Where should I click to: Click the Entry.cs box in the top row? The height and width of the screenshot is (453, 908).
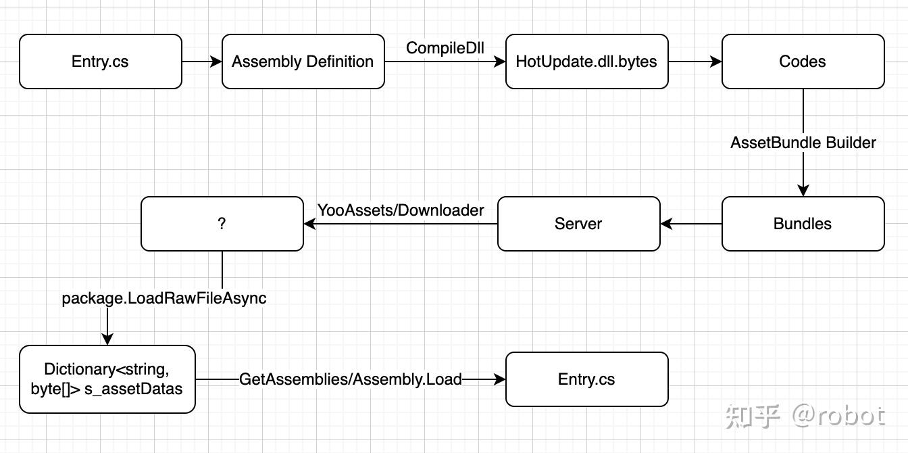tap(100, 62)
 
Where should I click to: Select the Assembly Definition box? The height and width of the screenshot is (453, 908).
tap(303, 62)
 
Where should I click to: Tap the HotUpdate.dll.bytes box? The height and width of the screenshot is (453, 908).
tap(586, 62)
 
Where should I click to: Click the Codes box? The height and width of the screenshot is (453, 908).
tap(803, 62)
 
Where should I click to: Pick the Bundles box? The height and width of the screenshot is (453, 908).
tap(803, 224)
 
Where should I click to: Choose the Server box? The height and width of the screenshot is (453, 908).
tap(578, 224)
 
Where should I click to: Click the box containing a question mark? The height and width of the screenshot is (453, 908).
tap(222, 224)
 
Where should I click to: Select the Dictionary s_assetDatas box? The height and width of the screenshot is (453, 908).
tap(107, 379)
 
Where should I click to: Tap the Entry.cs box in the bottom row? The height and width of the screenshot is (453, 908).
tap(586, 379)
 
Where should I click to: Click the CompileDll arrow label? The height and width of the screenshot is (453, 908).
tap(445, 48)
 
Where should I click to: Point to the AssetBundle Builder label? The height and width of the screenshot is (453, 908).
tap(803, 143)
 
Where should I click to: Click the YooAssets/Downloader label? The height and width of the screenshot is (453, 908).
tap(401, 210)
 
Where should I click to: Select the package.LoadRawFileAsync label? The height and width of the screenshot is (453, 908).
tap(164, 298)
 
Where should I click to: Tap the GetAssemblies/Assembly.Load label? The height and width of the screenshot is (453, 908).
tap(350, 379)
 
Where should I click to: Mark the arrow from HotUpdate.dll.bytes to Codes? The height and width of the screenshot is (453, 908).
tap(695, 62)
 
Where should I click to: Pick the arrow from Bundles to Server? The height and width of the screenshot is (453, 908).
tap(690, 224)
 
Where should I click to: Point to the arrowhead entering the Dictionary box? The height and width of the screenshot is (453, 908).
tap(107, 339)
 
